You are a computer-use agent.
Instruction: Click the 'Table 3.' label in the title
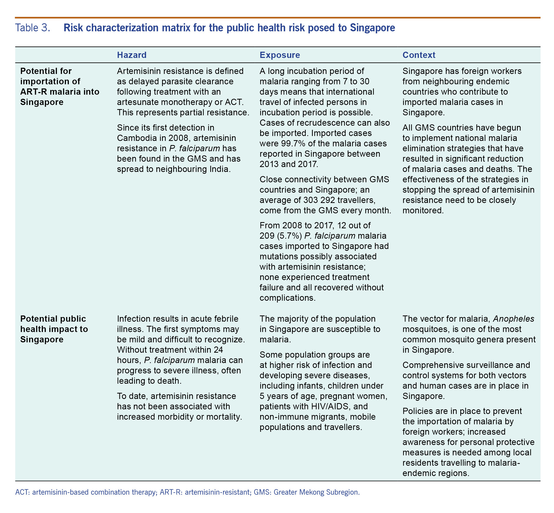33,28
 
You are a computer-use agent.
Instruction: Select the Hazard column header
132,55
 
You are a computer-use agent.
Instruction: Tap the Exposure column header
280,55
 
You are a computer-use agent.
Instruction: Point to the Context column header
419,55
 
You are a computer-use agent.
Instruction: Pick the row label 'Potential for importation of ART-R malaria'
60,86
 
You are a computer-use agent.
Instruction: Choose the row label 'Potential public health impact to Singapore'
54,329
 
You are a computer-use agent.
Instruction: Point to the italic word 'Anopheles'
513,319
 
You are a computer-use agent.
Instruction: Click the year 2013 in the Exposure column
269,164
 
